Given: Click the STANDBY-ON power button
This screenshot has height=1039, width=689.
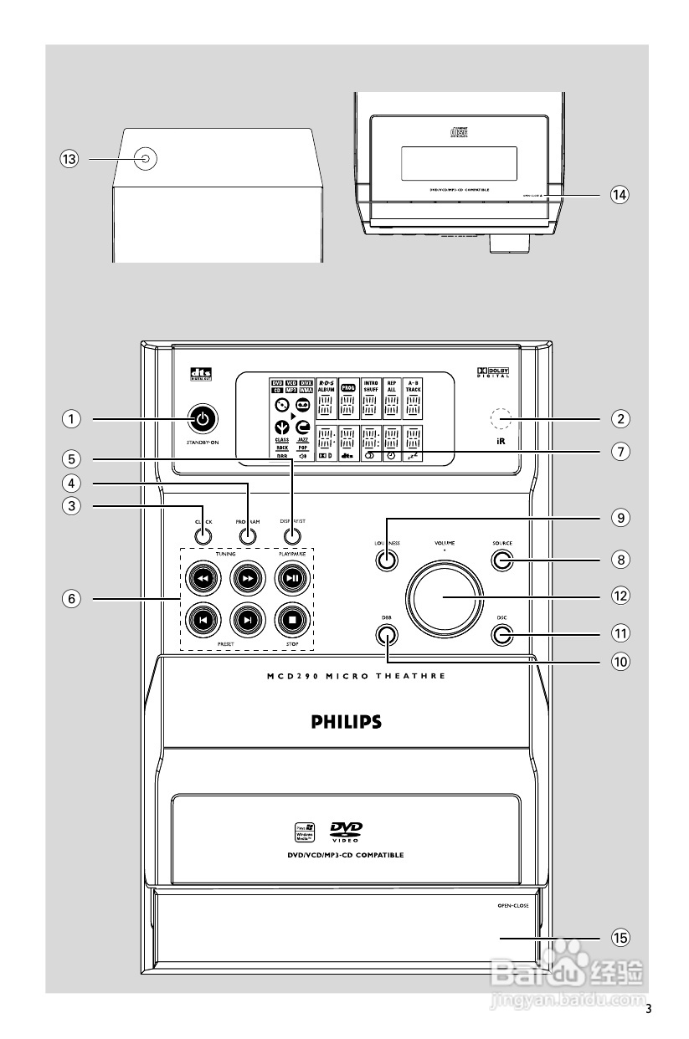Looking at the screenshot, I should [202, 417].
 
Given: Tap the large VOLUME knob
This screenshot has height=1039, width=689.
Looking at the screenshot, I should [444, 596].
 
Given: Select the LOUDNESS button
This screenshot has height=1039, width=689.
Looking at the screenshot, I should [386, 560].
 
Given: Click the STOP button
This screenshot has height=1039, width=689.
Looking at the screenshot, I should [291, 619].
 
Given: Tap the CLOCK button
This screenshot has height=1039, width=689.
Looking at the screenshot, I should [203, 536].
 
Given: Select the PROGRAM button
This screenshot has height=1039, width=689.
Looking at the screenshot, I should [245, 536].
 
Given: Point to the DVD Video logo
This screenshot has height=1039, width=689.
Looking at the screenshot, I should [346, 832].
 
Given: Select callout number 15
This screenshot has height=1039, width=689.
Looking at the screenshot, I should [619, 939].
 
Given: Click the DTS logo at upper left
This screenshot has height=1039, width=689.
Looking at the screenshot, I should [202, 374].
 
